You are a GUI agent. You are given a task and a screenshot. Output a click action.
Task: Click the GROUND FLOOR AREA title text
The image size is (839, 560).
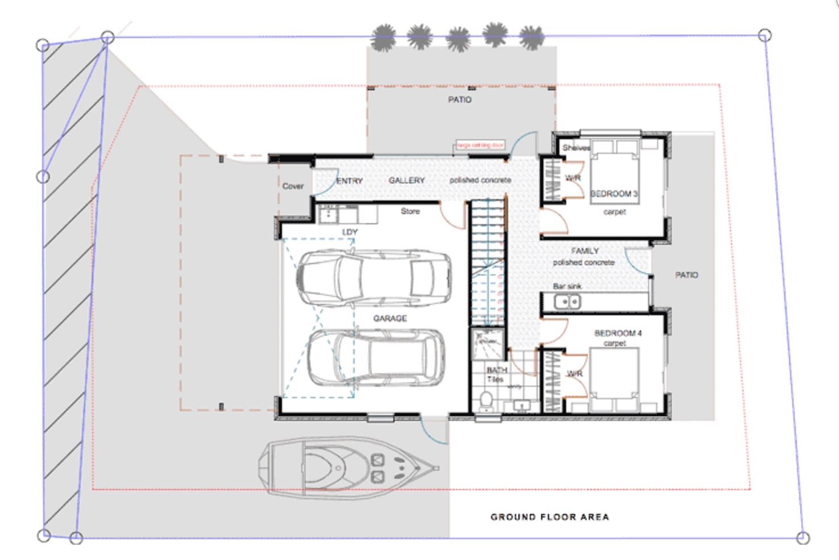[549, 517]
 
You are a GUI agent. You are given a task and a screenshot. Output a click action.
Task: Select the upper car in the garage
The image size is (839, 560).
[374, 279]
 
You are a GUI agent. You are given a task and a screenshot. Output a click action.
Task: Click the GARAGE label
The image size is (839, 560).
[390, 319]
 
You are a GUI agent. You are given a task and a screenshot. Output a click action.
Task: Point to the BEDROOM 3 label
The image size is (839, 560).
[614, 194]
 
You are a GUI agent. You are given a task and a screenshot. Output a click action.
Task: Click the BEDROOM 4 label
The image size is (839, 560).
[618, 333]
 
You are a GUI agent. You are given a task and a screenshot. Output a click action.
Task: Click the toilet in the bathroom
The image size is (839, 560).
[487, 401]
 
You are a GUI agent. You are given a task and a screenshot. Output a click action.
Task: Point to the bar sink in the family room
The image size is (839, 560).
[567, 302]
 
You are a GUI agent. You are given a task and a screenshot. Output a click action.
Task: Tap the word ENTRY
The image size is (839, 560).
[349, 181]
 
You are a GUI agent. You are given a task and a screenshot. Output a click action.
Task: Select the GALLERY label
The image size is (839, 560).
[406, 180]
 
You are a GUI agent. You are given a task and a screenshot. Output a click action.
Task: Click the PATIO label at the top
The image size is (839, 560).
[459, 99]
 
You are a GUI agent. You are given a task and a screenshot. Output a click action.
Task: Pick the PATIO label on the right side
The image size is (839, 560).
[686, 275]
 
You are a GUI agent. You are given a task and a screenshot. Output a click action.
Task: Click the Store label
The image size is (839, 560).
[410, 211]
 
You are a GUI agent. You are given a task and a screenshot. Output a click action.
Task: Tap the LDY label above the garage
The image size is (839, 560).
[350, 232]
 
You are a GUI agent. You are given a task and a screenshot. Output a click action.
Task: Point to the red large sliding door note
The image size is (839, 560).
[481, 145]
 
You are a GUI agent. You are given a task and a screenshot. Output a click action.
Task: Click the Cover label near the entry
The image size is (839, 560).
[293, 186]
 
